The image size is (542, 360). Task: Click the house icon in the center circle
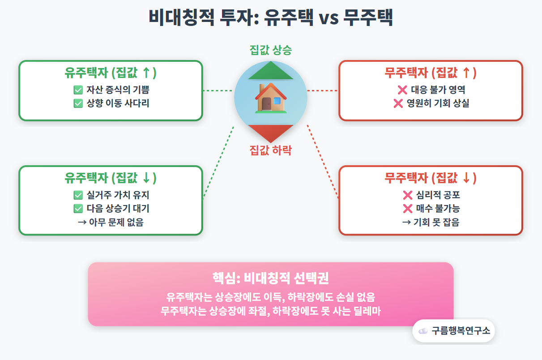(271, 98)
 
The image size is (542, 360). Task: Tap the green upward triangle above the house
(271, 71)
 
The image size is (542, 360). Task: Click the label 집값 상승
(271, 50)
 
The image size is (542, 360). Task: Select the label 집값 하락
(271, 150)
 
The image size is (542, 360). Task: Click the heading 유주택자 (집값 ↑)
(111, 73)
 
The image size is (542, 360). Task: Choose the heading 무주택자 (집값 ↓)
(431, 178)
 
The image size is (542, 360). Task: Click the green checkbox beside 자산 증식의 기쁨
(78, 90)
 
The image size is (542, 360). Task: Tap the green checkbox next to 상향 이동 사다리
(78, 103)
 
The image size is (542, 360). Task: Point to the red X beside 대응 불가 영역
(402, 90)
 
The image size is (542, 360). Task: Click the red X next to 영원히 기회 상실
(398, 103)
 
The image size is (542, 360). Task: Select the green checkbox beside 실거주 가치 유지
(78, 195)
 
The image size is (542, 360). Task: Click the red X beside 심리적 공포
(407, 195)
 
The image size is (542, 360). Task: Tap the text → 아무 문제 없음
(111, 222)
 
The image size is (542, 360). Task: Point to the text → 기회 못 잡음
(431, 222)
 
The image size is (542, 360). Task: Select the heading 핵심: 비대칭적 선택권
(271, 279)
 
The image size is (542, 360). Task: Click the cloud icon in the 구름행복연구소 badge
(423, 331)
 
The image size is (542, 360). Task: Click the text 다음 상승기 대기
(118, 209)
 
